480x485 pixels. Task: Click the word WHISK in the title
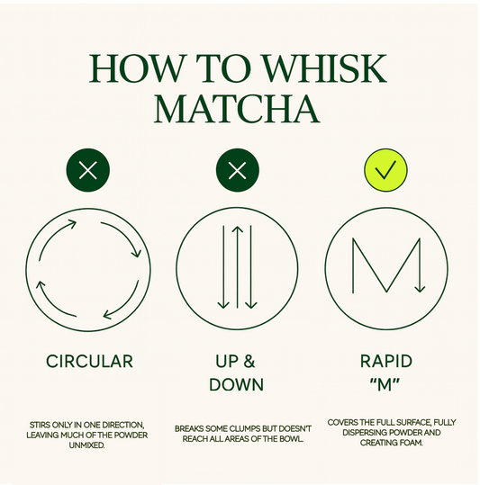[325, 68]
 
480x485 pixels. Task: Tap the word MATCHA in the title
[237, 110]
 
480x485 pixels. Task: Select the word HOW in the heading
[136, 68]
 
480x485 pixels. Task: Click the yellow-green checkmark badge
[385, 170]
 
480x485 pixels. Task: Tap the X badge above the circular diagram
[88, 170]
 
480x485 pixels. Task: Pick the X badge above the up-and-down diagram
[238, 170]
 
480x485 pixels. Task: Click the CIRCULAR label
[90, 362]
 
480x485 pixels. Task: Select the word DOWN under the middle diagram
[237, 384]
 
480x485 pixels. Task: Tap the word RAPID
[386, 362]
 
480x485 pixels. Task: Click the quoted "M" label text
[385, 384]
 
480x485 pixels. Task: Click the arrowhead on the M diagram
[420, 289]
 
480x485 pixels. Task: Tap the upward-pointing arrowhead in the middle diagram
[238, 229]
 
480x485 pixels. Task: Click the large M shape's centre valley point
[386, 292]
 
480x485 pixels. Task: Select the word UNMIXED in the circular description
[87, 445]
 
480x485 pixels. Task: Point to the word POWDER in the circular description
[131, 436]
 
